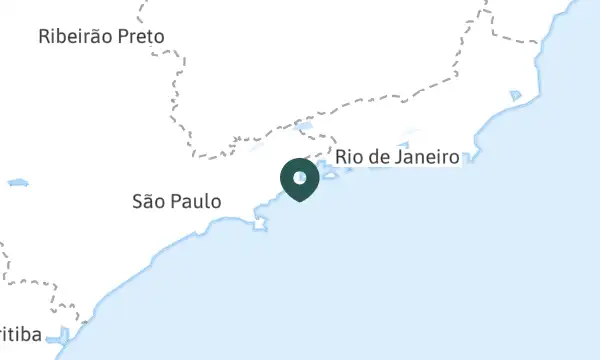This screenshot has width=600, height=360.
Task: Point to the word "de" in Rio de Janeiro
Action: (381, 157)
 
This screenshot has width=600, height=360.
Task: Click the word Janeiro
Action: (427, 157)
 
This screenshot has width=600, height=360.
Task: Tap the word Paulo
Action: (197, 201)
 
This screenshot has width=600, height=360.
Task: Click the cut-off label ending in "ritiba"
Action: (20, 334)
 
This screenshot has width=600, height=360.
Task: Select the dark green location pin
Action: (299, 179)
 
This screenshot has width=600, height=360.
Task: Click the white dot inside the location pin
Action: (299, 177)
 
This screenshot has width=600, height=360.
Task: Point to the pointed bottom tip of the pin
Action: (299, 200)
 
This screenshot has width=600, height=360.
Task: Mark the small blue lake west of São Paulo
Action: (17, 183)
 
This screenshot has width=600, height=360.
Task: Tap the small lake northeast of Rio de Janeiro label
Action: (515, 96)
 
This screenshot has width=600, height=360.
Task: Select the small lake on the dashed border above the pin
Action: (305, 127)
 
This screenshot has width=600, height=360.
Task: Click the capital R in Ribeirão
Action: (44, 37)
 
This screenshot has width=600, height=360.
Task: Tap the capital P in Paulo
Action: (178, 201)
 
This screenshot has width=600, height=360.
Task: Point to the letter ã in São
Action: (150, 201)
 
